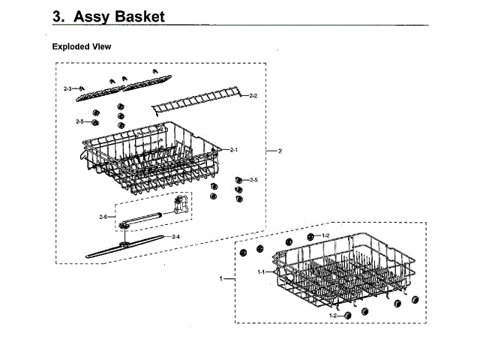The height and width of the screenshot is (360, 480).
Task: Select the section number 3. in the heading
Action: pyautogui.click(x=61, y=16)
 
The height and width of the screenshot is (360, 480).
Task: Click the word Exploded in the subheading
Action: pyautogui.click(x=71, y=46)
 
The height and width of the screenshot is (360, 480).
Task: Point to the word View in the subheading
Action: pyautogui.click(x=102, y=46)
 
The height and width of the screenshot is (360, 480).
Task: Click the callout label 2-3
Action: pyautogui.click(x=67, y=88)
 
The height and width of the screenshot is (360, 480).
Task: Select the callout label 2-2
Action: pyautogui.click(x=253, y=96)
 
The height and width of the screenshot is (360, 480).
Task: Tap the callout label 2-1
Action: pyautogui.click(x=234, y=150)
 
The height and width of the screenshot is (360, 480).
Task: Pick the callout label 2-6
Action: pyautogui.click(x=103, y=217)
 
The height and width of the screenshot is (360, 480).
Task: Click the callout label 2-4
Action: pyautogui.click(x=175, y=237)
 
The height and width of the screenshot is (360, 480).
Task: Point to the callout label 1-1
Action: pyautogui.click(x=262, y=271)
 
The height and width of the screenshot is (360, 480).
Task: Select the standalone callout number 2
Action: pyautogui.click(x=280, y=151)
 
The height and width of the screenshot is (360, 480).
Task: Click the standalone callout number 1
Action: pyautogui.click(x=221, y=279)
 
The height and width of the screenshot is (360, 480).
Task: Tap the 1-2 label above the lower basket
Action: pyautogui.click(x=325, y=235)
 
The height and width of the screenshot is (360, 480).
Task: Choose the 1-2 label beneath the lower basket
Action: pyautogui.click(x=333, y=316)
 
